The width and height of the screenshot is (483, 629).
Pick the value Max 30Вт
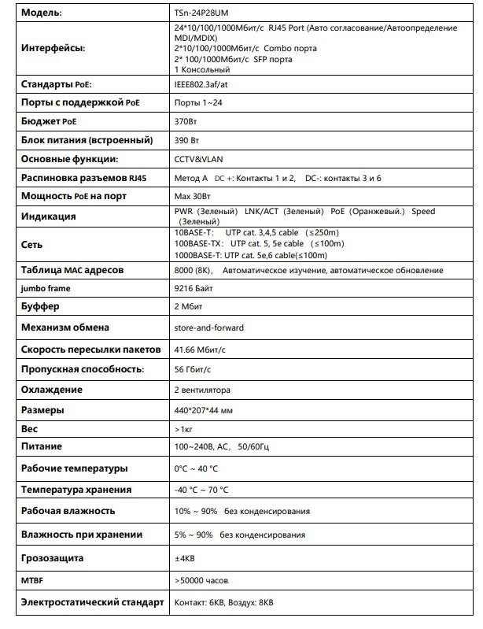click(191, 196)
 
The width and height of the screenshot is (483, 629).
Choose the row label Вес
click(30, 430)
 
